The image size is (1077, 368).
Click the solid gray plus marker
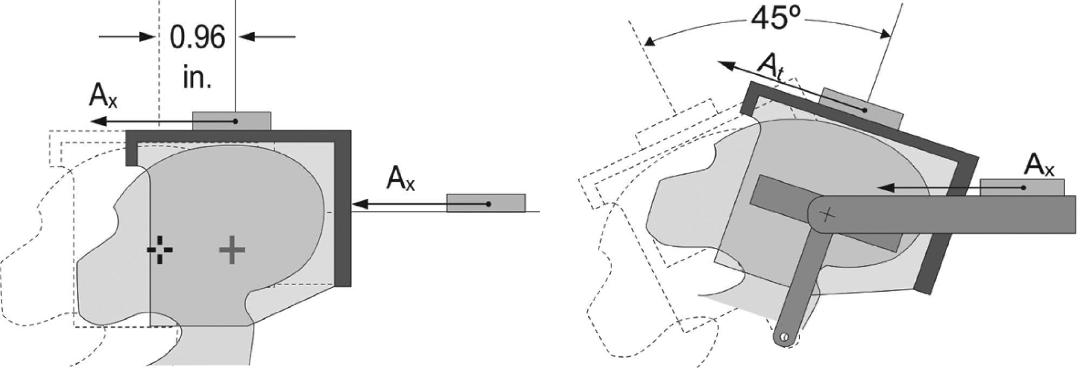(x=232, y=250)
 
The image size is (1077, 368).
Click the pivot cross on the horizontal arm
(x=827, y=215)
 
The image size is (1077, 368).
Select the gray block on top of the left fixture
(x=231, y=121)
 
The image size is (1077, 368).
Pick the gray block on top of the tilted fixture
(x=861, y=109)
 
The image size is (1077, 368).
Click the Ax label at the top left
(x=103, y=97)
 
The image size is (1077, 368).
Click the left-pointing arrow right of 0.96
(x=268, y=37)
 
